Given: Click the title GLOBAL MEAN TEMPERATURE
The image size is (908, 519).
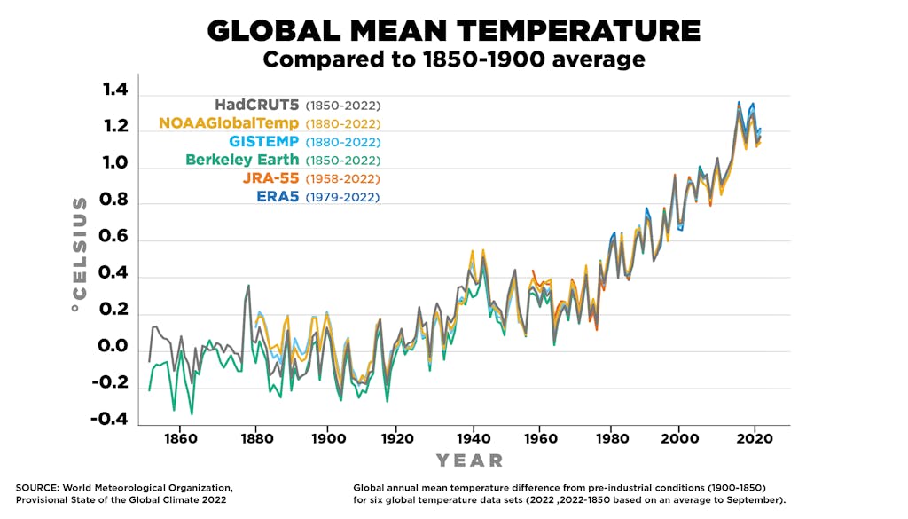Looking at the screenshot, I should click(453, 31).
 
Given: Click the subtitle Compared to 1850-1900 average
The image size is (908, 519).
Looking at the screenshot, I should click(453, 60).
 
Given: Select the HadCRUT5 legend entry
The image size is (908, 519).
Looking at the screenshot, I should click(256, 105).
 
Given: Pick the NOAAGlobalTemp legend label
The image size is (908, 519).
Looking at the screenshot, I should click(229, 123).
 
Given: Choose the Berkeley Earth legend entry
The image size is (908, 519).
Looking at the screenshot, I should click(242, 161).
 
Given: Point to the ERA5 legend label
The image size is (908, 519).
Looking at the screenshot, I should click(278, 197).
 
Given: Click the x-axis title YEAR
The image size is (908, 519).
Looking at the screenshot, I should click(469, 460).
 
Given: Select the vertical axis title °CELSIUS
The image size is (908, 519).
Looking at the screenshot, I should click(80, 253).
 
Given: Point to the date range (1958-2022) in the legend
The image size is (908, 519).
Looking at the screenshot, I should click(342, 179).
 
